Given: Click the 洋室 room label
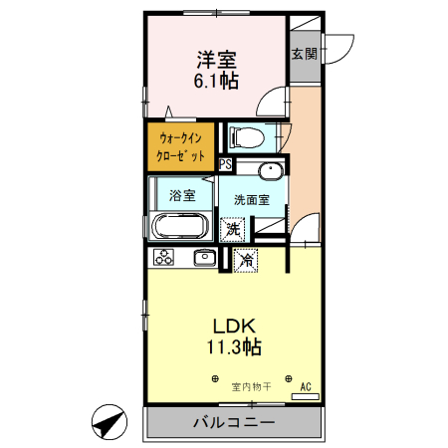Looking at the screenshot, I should click(x=216, y=59).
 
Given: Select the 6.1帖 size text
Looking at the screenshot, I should click(x=216, y=82).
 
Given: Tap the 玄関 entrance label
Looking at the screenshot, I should click(x=304, y=54).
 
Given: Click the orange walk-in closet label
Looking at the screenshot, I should click(x=181, y=145).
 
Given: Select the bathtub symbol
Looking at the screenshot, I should click(x=180, y=225).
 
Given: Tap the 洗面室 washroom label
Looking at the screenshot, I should click(x=251, y=199).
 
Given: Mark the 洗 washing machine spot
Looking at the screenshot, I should click(x=232, y=228).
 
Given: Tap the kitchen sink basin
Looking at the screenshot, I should click(x=205, y=258).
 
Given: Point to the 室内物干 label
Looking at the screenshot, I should click(x=251, y=386).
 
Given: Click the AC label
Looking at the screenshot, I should click(x=306, y=386).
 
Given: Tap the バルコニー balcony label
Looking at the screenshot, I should click(x=234, y=423).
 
